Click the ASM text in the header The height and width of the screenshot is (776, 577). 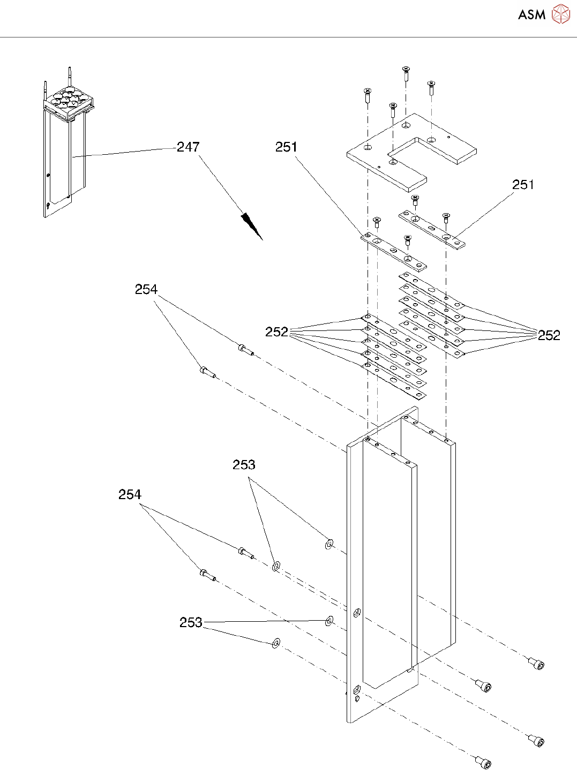click(531, 15)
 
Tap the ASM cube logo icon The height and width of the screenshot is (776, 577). click(560, 14)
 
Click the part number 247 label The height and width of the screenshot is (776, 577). click(188, 147)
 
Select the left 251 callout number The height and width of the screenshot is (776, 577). click(286, 147)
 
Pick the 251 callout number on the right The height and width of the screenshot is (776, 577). click(523, 185)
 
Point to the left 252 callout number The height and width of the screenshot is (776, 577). click(276, 332)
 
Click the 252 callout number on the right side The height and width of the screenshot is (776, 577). click(549, 335)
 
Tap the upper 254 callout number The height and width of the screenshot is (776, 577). click(146, 290)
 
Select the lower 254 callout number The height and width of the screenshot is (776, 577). click(130, 494)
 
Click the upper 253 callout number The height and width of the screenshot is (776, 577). click(244, 465)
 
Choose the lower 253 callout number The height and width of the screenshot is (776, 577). click(191, 622)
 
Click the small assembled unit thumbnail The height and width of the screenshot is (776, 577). click(64, 145)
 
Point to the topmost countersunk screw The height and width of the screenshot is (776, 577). click(406, 72)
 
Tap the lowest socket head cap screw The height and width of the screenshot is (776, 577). click(483, 762)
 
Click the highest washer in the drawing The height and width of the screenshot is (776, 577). click(329, 545)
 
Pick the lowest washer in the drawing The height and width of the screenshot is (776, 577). click(276, 643)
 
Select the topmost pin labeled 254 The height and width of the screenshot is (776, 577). click(245, 350)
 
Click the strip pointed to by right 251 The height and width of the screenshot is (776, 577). click(431, 229)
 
